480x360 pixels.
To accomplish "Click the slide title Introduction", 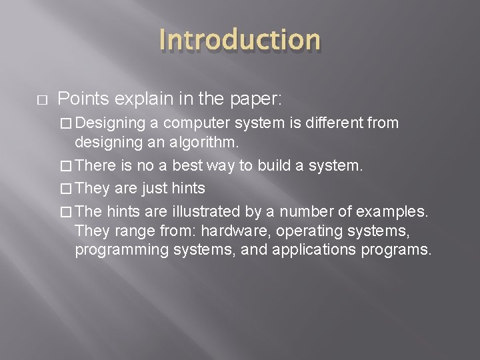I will [x=240, y=40].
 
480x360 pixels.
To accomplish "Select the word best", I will [x=173, y=165].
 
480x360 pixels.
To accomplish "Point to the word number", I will [x=311, y=211].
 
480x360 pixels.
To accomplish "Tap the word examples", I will [x=394, y=211].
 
